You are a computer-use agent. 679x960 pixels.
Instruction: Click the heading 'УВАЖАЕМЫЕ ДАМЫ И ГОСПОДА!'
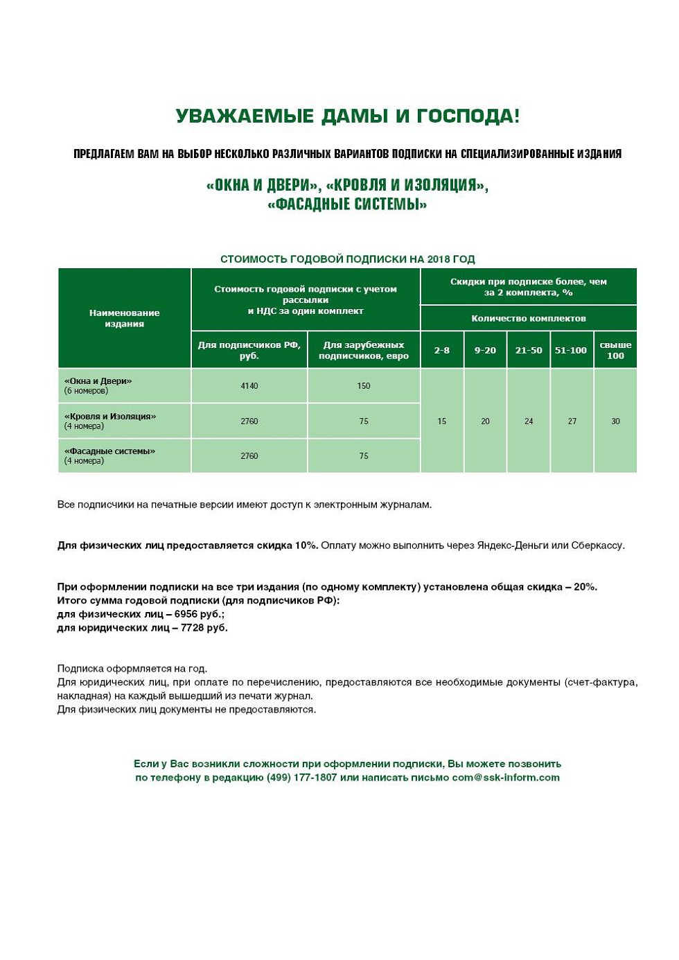click(347, 116)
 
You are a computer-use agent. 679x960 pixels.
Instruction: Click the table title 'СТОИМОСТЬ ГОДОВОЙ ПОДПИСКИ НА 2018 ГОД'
click(347, 259)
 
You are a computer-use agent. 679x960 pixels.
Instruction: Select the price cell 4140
click(249, 386)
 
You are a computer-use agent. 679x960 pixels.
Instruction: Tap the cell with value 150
click(364, 386)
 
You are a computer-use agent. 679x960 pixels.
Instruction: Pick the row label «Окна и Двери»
click(98, 381)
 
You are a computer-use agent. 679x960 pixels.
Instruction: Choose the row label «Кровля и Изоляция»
click(110, 417)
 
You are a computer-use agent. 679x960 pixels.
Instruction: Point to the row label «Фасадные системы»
click(109, 451)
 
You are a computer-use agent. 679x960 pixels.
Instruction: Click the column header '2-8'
click(442, 351)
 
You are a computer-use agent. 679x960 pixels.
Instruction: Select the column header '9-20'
click(485, 351)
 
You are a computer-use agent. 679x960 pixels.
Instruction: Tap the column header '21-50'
click(529, 351)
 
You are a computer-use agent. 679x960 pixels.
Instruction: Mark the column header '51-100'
click(571, 351)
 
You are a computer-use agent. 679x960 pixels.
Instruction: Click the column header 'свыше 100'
click(615, 350)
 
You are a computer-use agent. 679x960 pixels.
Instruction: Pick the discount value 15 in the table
click(442, 421)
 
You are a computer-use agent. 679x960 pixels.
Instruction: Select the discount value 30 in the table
click(615, 421)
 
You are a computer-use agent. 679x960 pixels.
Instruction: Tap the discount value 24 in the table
click(529, 421)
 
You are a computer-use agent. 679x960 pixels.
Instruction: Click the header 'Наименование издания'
click(125, 318)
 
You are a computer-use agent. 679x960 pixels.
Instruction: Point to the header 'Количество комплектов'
click(529, 319)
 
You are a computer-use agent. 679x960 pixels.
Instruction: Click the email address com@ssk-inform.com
click(506, 778)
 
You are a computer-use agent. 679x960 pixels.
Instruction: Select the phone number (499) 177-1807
click(301, 778)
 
